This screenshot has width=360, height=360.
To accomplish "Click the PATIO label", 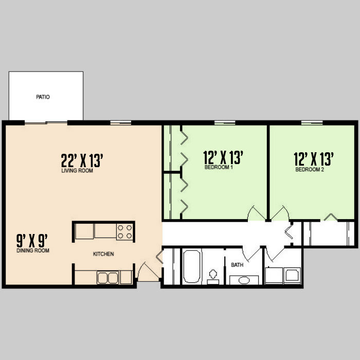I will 43,97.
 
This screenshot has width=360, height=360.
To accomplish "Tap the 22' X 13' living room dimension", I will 83,160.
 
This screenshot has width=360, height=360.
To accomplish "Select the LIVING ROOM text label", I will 77,171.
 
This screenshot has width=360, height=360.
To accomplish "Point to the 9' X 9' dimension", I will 32,240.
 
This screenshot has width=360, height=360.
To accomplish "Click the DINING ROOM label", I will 32,250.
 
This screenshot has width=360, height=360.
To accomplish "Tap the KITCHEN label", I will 103,254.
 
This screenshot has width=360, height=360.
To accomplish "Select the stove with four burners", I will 124,231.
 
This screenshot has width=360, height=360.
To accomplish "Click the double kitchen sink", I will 107,278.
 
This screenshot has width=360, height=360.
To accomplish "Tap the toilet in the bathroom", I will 213,276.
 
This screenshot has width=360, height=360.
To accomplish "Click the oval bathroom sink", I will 244,281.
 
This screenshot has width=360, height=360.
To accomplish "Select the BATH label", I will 237,265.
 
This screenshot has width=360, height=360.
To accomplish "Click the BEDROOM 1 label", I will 219,167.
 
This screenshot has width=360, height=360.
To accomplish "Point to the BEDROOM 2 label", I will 309,170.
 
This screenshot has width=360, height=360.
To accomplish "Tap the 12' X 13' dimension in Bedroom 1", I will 223,156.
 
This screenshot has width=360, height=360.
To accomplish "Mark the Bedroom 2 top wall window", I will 312,122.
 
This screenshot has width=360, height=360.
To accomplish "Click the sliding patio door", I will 46,122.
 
